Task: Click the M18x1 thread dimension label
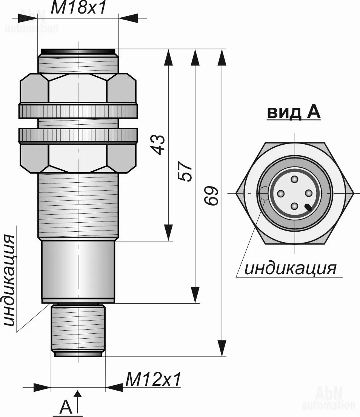click(78, 8)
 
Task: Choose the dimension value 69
click(211, 196)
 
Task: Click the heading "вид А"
click(294, 112)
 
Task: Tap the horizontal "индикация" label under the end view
click(291, 268)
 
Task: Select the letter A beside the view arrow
click(66, 406)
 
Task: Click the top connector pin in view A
click(294, 180)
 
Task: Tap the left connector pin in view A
click(281, 193)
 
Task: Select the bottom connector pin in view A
click(294, 206)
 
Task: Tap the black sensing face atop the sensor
click(78, 51)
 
